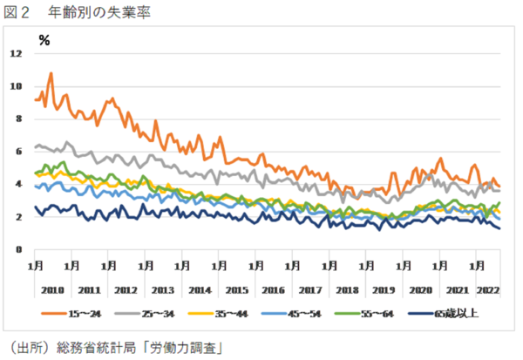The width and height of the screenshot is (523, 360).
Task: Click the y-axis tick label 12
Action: pyautogui.click(x=16, y=54)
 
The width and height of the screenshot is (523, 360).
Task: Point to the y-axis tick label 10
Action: pyautogui.click(x=16, y=86)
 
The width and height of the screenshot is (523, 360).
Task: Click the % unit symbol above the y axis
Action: pyautogui.click(x=44, y=39)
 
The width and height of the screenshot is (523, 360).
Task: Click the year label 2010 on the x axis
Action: pyautogui.click(x=51, y=289)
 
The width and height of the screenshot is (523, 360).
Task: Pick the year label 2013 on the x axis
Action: pyautogui.click(x=162, y=289)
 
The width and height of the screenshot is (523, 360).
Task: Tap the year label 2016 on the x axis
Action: pyautogui.click(x=273, y=289)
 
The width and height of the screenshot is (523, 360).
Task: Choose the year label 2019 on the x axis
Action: pyautogui.click(x=384, y=289)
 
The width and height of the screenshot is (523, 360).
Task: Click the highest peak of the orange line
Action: pyautogui.click(x=51, y=73)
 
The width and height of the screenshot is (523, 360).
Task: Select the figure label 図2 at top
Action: pyautogui.click(x=19, y=12)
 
